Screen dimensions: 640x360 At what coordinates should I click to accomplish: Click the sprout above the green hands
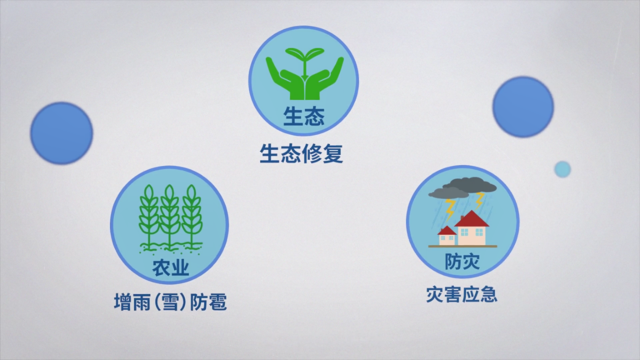pyautogui.click(x=304, y=61)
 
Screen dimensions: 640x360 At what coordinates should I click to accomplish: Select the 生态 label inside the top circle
pyautogui.click(x=304, y=116)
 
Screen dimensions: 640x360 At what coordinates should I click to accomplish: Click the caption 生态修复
pyautogui.click(x=302, y=153)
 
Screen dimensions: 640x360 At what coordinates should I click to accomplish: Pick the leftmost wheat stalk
pyautogui.click(x=148, y=216)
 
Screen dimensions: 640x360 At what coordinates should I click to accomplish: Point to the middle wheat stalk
pyautogui.click(x=169, y=216)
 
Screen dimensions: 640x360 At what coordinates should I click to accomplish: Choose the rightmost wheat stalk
pyautogui.click(x=192, y=216)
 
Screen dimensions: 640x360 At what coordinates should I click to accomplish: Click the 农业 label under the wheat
pyautogui.click(x=171, y=268)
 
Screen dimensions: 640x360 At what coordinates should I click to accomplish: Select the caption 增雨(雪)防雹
pyautogui.click(x=170, y=302)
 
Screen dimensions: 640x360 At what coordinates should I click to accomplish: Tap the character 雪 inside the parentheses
pyautogui.click(x=170, y=302)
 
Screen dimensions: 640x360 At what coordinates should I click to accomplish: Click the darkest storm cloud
pyautogui.click(x=469, y=186)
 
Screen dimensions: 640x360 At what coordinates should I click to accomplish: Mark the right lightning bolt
pyautogui.click(x=479, y=200)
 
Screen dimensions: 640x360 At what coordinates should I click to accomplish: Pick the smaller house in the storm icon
pyautogui.click(x=447, y=236)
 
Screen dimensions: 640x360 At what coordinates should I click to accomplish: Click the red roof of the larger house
pyautogui.click(x=472, y=219)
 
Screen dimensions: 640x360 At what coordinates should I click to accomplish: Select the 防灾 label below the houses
pyautogui.click(x=462, y=262)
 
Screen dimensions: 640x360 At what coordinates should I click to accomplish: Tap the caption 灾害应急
pyautogui.click(x=462, y=294)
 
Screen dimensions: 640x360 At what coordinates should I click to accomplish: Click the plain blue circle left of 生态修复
pyautogui.click(x=62, y=133)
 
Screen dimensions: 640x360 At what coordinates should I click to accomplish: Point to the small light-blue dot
pyautogui.click(x=562, y=169)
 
